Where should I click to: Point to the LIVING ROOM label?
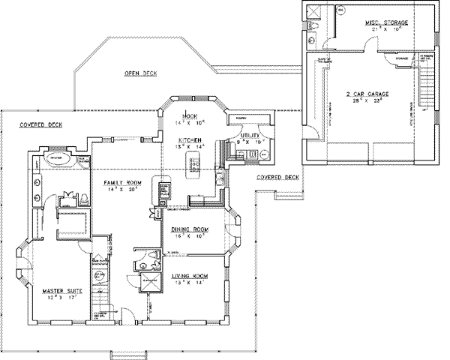(190, 276)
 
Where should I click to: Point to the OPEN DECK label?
(140, 73)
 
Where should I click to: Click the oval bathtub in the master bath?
(56, 159)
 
